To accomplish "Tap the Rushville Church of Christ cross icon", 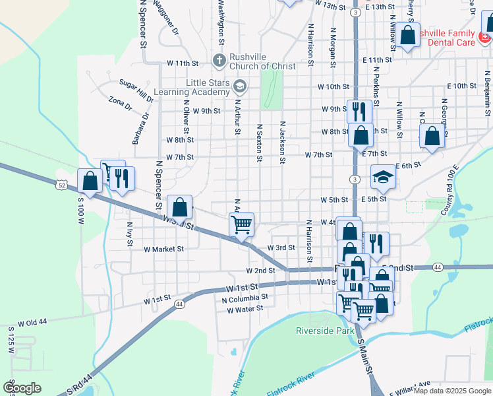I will click(219, 61).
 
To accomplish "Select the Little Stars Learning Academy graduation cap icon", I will click(239, 84).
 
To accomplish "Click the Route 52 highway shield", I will click(61, 185).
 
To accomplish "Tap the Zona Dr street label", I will click(121, 104).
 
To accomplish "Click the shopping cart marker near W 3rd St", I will click(242, 224).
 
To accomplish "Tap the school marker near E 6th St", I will click(382, 176).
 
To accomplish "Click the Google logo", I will click(22, 388).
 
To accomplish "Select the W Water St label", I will click(245, 308).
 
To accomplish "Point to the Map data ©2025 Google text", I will click(451, 391).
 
